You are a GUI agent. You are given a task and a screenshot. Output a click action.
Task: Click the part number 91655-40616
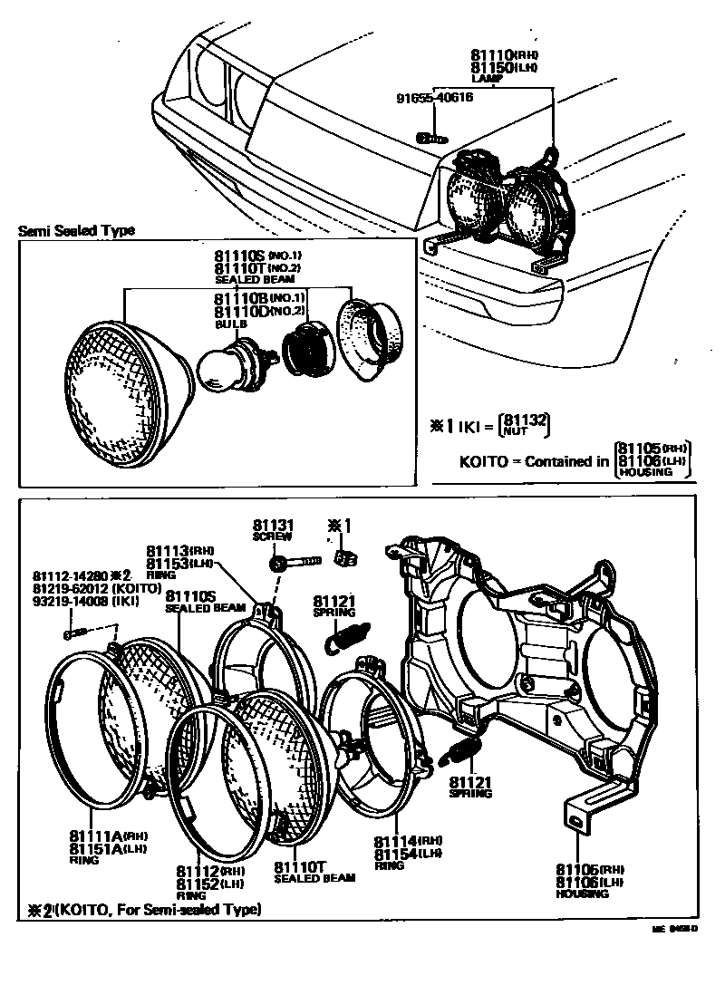pyautogui.click(x=433, y=99)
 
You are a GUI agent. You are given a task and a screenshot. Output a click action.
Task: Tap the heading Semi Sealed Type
pyautogui.click(x=76, y=230)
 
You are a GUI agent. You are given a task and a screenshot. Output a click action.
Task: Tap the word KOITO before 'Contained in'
pyautogui.click(x=484, y=460)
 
